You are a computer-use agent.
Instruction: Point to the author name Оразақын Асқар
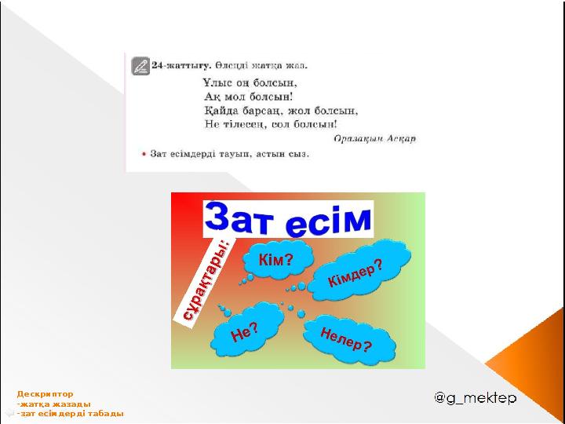375,138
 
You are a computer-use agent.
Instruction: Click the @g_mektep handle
476,398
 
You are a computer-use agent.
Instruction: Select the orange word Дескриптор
45,394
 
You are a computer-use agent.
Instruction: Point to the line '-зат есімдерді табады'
70,414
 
